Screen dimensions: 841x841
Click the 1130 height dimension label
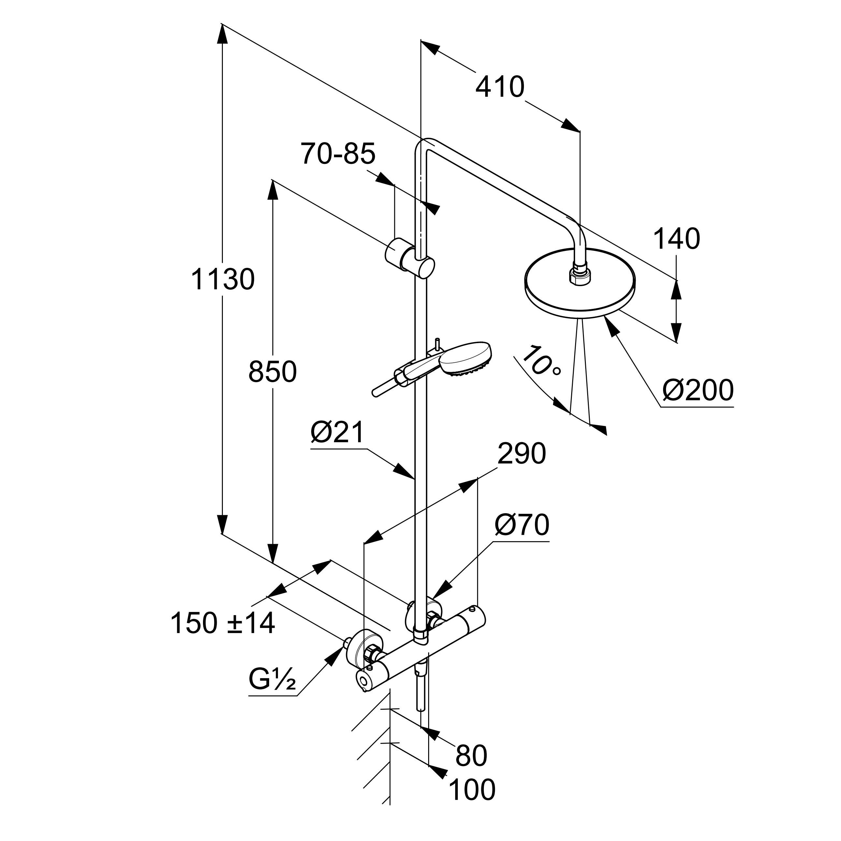[x=223, y=280]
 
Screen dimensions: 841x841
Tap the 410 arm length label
[x=500, y=87]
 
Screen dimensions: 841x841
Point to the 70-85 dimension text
[x=338, y=154]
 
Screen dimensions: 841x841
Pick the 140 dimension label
[x=676, y=239]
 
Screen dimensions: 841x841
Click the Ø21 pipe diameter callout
[x=337, y=433]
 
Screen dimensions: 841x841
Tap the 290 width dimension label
[x=521, y=454]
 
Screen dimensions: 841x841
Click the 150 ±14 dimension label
[x=223, y=623]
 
